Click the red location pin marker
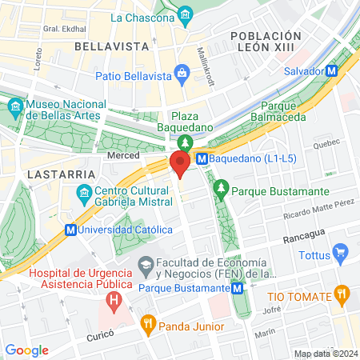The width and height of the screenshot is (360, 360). tap(180, 164)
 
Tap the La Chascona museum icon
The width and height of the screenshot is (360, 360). tap(186, 15)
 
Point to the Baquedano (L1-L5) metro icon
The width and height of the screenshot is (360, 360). tap(202, 158)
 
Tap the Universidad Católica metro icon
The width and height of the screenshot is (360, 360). tap(70, 230)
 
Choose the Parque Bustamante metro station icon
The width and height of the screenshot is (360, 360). tap(238, 288)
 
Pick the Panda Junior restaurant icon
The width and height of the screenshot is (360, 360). tap(147, 325)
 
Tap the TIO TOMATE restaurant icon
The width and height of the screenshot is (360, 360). tap(342, 294)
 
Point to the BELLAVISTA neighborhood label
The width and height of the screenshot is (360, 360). tap(107, 47)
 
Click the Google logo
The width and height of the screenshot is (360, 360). tap(26, 350)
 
